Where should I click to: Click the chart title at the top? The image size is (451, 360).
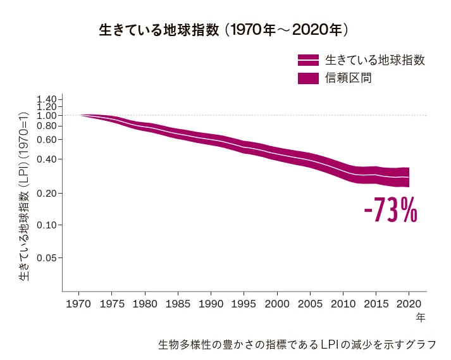tap(225, 30)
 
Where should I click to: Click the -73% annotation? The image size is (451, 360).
tap(390, 212)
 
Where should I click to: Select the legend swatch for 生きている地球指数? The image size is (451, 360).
tap(308, 61)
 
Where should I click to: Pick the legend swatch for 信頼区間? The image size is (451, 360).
tap(308, 79)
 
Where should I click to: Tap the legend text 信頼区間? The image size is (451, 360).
tap(348, 79)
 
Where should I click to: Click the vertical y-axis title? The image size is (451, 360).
tap(23, 196)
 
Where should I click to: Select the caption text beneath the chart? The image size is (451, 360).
tap(297, 345)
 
